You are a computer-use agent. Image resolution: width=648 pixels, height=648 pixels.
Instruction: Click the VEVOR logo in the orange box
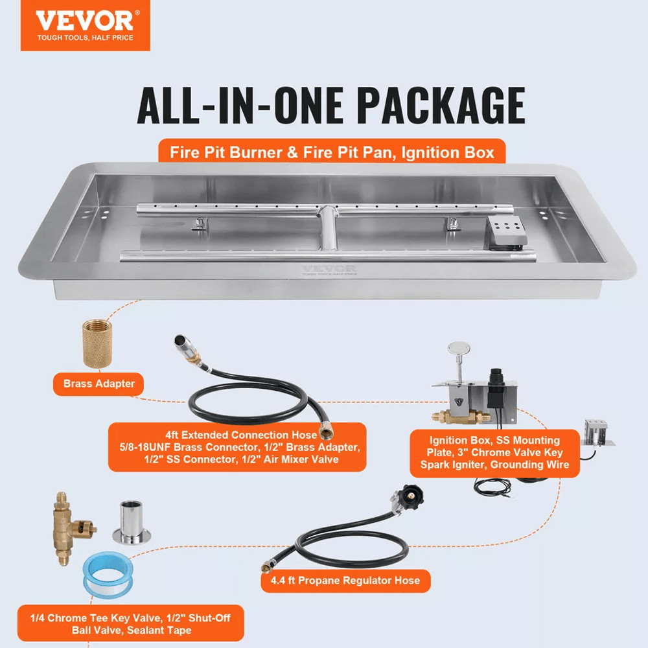click(84, 20)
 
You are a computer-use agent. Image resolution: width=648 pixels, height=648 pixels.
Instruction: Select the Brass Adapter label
click(99, 384)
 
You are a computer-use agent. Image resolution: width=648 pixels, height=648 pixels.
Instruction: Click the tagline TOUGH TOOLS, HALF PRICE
click(84, 38)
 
